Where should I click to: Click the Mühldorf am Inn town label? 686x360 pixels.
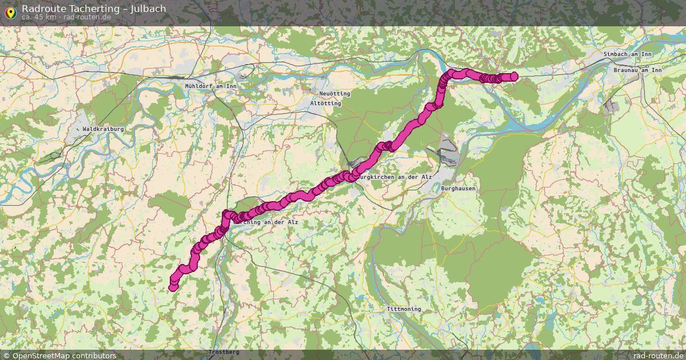click(210, 86)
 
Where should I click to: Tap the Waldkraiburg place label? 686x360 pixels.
click(103, 130)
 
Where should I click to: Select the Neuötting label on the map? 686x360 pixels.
click(335, 94)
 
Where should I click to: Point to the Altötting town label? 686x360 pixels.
click(325, 104)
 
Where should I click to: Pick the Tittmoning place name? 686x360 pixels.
click(404, 309)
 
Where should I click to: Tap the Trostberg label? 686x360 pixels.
click(224, 352)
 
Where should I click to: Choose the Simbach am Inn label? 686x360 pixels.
click(627, 54)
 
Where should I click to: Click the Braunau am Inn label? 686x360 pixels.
click(637, 70)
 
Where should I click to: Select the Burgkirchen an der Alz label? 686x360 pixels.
click(394, 177)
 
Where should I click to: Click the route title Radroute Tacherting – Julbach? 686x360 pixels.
click(94, 9)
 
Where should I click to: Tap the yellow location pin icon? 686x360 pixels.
click(10, 11)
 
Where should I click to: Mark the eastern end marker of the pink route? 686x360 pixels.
click(513, 77)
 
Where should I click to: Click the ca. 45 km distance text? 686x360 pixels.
click(38, 17)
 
